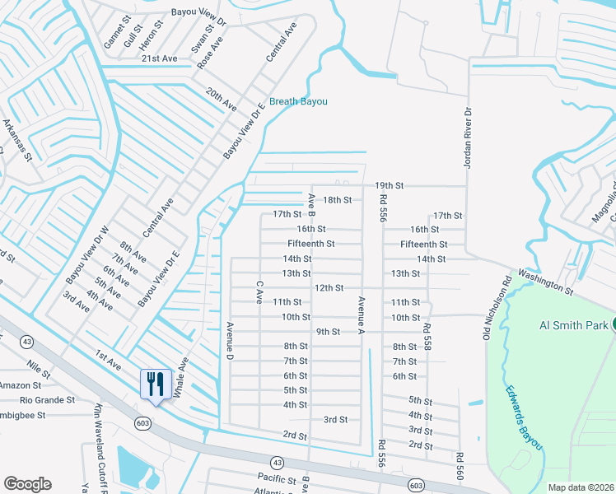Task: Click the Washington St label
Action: [544, 280]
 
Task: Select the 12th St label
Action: [329, 287]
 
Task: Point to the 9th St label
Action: [329, 332]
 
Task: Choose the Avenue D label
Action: [231, 340]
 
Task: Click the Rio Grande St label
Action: [49, 400]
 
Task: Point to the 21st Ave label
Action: [159, 58]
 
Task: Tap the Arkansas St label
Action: [16, 139]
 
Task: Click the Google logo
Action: [27, 484]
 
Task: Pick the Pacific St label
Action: [276, 478]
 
